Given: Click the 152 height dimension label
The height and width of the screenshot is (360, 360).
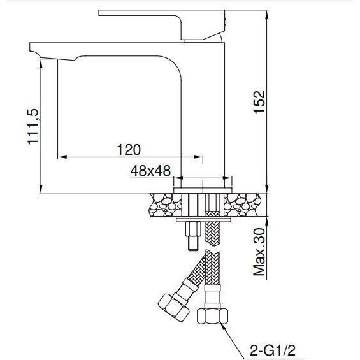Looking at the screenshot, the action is (x=259, y=102).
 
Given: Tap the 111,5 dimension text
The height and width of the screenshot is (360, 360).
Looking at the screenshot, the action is (x=33, y=127).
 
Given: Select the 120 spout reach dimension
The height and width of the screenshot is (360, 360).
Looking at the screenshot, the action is (x=129, y=150).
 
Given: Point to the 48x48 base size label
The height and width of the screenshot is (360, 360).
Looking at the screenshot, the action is (x=150, y=171).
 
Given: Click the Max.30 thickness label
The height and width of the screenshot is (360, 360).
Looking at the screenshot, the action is (x=259, y=252).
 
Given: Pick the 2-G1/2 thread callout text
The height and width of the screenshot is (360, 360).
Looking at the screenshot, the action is (x=273, y=350).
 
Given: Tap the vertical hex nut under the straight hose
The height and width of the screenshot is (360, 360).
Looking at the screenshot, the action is (x=212, y=316).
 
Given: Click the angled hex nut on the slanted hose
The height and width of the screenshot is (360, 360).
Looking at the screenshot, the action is (x=173, y=307).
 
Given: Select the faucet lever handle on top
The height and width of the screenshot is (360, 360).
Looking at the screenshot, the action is (x=162, y=25).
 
